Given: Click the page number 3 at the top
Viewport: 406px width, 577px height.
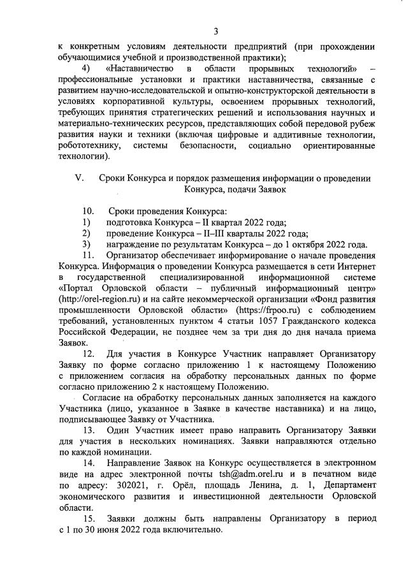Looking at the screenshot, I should tap(215, 13).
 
